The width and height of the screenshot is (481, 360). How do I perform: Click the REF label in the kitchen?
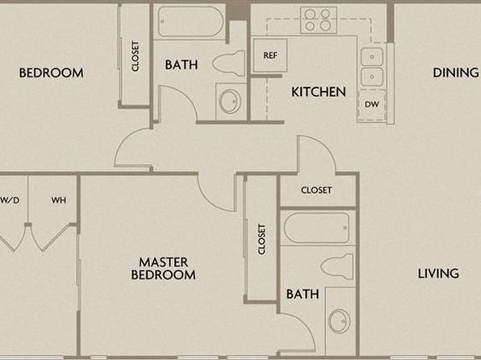click(x=270, y=55)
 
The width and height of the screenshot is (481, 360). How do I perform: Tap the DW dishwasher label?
click(x=372, y=104)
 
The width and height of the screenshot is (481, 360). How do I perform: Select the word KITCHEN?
click(x=319, y=92)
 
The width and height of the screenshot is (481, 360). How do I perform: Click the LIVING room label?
click(x=438, y=273)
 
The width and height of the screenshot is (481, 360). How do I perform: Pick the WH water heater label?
click(x=59, y=200)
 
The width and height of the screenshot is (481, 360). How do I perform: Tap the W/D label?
click(x=10, y=200)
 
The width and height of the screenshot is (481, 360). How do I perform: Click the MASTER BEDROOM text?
click(x=163, y=269)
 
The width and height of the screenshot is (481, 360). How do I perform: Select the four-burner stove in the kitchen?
click(x=319, y=19)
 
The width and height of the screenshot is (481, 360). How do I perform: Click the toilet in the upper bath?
click(x=229, y=64)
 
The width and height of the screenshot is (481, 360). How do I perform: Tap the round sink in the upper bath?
click(x=231, y=101)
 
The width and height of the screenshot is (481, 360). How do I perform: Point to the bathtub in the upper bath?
click(x=190, y=22)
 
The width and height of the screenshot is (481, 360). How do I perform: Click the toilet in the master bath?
click(x=337, y=266)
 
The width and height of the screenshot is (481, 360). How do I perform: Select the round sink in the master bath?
click(x=339, y=321)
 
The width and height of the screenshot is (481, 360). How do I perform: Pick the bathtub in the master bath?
click(x=316, y=228)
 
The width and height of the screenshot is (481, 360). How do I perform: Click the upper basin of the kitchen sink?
click(x=372, y=57)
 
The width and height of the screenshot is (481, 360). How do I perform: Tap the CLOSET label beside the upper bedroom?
click(x=135, y=57)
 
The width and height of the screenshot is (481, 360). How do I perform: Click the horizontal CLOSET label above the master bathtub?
click(x=316, y=190)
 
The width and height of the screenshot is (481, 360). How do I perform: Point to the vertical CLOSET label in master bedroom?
click(x=261, y=239)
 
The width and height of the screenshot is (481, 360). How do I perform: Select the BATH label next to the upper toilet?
click(x=182, y=65)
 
